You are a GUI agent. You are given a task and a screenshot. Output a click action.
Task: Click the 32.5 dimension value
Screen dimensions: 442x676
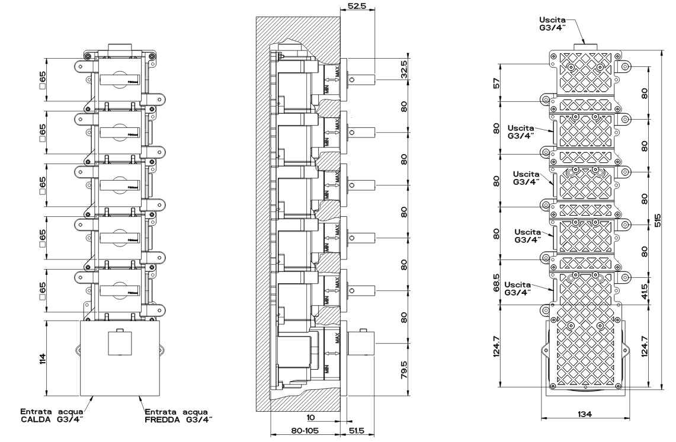(403, 69)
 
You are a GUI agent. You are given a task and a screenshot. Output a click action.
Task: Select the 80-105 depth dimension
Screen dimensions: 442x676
(304, 431)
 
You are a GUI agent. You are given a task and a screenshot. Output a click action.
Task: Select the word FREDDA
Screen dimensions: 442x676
(166, 421)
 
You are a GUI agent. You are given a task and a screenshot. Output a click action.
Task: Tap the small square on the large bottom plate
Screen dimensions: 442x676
(120, 343)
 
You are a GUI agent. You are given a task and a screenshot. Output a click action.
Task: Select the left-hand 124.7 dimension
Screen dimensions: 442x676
(497, 347)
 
